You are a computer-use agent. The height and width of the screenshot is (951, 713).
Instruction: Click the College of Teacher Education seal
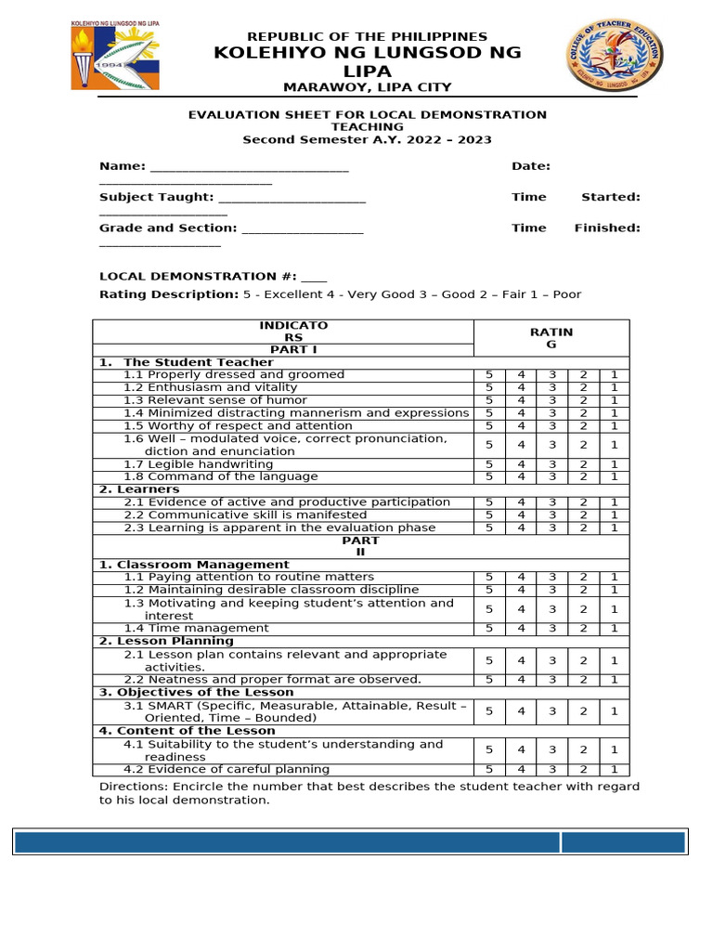click(x=608, y=58)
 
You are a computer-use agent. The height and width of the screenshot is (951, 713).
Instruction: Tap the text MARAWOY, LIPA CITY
click(x=367, y=87)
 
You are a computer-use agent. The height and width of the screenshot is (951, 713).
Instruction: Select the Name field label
click(x=122, y=166)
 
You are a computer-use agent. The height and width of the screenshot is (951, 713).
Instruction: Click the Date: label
click(x=531, y=166)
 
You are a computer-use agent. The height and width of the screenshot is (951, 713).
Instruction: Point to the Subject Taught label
click(x=156, y=197)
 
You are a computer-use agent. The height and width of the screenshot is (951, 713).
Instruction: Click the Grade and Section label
click(x=167, y=228)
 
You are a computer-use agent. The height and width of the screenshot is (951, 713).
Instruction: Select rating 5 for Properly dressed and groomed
click(x=489, y=375)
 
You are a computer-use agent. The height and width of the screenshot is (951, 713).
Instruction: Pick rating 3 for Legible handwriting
click(x=552, y=464)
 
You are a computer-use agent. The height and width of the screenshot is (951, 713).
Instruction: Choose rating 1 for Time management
click(x=614, y=629)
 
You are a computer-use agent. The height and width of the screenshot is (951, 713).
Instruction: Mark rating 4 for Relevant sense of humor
click(x=521, y=400)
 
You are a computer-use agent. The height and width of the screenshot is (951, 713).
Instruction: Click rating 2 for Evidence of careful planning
click(x=583, y=770)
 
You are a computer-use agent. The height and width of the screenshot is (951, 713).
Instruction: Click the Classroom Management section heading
click(x=194, y=565)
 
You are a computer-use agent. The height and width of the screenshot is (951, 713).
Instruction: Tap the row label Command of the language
click(x=221, y=476)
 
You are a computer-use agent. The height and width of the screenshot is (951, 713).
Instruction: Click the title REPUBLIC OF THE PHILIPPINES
click(x=367, y=35)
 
